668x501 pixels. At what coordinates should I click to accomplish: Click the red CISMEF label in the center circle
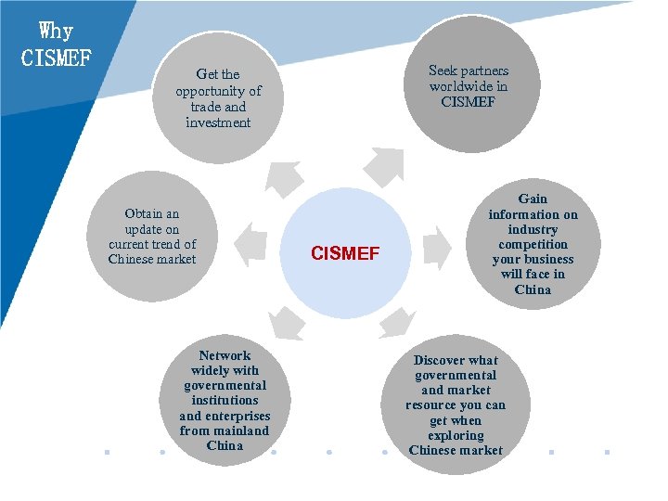pos(345,253)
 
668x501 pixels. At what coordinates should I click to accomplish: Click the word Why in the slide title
pos(56,31)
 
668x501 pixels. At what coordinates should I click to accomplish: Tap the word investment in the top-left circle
pos(218,122)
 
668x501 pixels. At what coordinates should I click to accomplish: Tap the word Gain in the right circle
pos(533,199)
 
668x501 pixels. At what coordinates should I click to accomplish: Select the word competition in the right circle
pos(533,244)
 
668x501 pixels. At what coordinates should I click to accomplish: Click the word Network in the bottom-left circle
pos(225,355)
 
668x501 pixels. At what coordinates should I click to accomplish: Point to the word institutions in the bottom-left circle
pos(225,401)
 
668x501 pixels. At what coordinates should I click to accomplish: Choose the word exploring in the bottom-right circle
pos(456,435)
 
